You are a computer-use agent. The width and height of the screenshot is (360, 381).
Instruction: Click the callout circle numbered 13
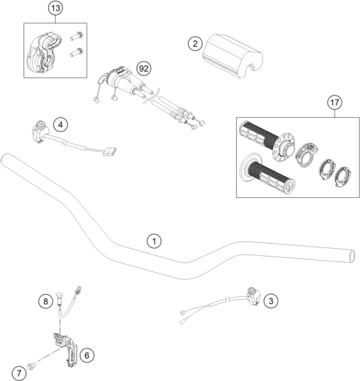click(56, 8)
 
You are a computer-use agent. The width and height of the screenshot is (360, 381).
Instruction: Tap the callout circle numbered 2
click(195, 44)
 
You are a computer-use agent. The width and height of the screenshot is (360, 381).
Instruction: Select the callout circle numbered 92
click(144, 69)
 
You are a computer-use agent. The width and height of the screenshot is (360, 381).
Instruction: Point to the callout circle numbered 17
click(335, 102)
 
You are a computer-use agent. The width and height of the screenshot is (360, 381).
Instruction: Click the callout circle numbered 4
click(60, 124)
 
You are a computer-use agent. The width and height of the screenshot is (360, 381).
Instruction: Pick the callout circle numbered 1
click(154, 241)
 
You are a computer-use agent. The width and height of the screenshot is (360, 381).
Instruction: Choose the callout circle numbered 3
click(271, 301)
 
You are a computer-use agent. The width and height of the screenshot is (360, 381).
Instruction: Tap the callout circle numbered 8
click(45, 302)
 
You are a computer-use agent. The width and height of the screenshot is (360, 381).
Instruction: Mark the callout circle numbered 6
click(87, 356)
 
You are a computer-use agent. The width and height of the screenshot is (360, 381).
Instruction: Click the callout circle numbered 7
click(19, 373)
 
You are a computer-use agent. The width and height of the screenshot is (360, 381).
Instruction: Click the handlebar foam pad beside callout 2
click(233, 56)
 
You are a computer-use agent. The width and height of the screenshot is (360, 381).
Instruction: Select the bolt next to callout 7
click(32, 365)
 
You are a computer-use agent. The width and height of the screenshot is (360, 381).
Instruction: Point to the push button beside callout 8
click(59, 298)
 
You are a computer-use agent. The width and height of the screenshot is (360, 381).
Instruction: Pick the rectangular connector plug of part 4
click(110, 151)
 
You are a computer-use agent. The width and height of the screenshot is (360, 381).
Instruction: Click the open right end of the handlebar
click(352, 256)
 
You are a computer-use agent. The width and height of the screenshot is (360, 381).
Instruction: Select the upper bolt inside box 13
click(77, 36)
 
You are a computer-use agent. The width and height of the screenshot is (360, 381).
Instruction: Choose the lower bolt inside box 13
click(76, 52)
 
